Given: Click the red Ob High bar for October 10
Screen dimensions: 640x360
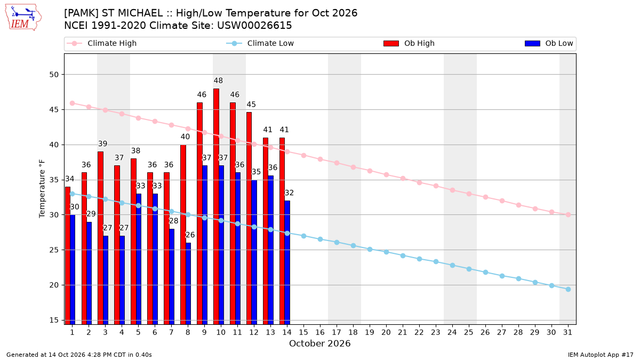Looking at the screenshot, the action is [217, 206].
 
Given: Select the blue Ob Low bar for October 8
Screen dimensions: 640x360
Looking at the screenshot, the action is [188, 284].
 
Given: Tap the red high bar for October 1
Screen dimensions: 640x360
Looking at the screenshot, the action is [68, 255].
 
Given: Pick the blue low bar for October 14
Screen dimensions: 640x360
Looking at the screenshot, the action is [287, 262].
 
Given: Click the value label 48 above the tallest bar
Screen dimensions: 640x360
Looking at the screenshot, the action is [218, 81].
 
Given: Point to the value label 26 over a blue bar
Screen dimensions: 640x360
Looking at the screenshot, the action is [190, 235].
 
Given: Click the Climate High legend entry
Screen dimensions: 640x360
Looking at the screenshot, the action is [102, 43].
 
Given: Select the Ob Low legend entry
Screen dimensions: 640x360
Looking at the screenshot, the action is [549, 43].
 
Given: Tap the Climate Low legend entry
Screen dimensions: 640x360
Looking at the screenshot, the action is [260, 43].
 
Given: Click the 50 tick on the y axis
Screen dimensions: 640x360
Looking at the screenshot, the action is [54, 75].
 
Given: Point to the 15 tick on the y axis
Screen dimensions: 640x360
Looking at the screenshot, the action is [54, 321].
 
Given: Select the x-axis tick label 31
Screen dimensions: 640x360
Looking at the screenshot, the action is [567, 333].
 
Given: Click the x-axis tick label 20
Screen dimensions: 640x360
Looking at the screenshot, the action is [386, 333].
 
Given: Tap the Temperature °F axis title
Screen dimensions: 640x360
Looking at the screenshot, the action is [42, 189].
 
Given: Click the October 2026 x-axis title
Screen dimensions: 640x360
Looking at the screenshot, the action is [320, 343].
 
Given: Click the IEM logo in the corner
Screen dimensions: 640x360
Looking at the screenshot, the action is [23, 18].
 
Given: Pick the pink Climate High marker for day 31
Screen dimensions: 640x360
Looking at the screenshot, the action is [569, 215].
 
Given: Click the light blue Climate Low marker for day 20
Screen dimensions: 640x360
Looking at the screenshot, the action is [386, 252].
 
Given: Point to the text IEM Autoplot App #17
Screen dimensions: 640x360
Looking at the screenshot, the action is [601, 355].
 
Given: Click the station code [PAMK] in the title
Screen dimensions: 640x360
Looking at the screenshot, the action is [82, 13].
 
